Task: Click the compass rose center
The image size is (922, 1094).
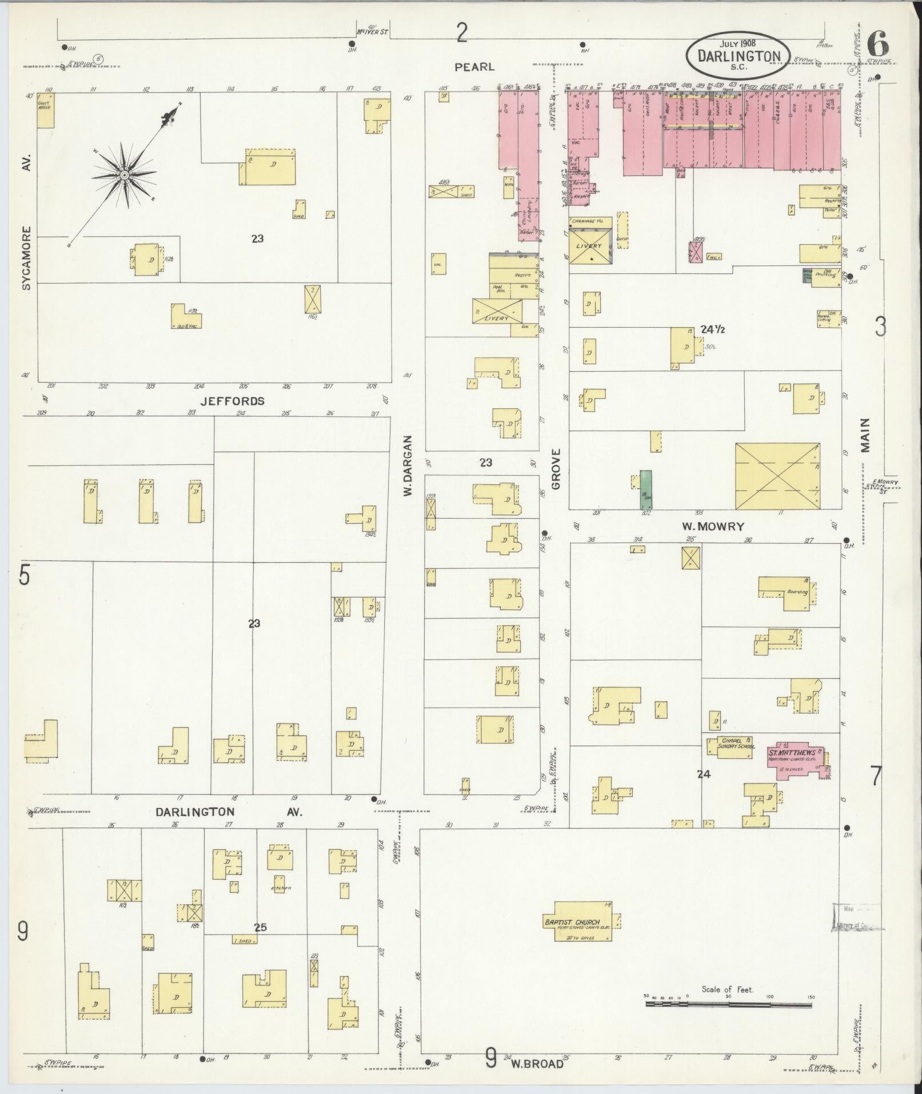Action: click(123, 174)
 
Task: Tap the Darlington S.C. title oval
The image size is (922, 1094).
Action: click(739, 55)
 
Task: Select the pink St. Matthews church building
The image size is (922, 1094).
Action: click(796, 758)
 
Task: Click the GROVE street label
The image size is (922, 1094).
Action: click(556, 469)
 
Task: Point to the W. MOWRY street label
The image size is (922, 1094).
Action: click(713, 526)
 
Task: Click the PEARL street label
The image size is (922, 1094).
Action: click(474, 67)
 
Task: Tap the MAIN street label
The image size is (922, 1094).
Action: click(865, 435)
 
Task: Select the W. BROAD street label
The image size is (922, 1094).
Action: click(537, 1064)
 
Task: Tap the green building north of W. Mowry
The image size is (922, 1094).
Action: click(646, 490)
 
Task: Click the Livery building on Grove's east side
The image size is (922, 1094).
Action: click(589, 246)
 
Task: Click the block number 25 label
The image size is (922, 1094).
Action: click(261, 927)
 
